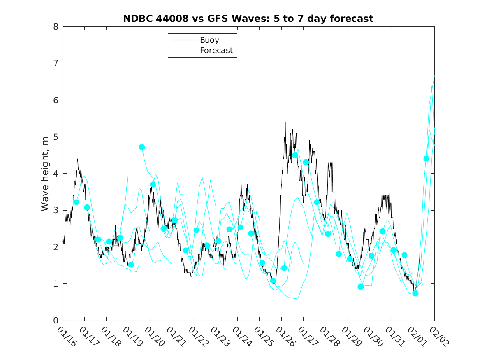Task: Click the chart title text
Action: pyautogui.click(x=248, y=19)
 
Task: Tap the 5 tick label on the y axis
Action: pyautogui.click(x=55, y=137)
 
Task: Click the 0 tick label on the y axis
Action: pyautogui.click(x=55, y=321)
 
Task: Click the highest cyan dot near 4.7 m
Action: pyautogui.click(x=142, y=147)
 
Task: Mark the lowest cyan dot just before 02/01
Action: pyautogui.click(x=415, y=293)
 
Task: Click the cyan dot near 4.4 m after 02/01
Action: pyautogui.click(x=426, y=158)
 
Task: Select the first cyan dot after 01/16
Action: pyautogui.click(x=76, y=202)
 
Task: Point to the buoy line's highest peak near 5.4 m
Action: pyautogui.click(x=285, y=122)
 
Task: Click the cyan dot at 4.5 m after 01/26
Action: pyautogui.click(x=295, y=155)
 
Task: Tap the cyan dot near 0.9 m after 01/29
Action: pyautogui.click(x=361, y=287)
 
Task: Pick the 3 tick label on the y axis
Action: pyautogui.click(x=55, y=210)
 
